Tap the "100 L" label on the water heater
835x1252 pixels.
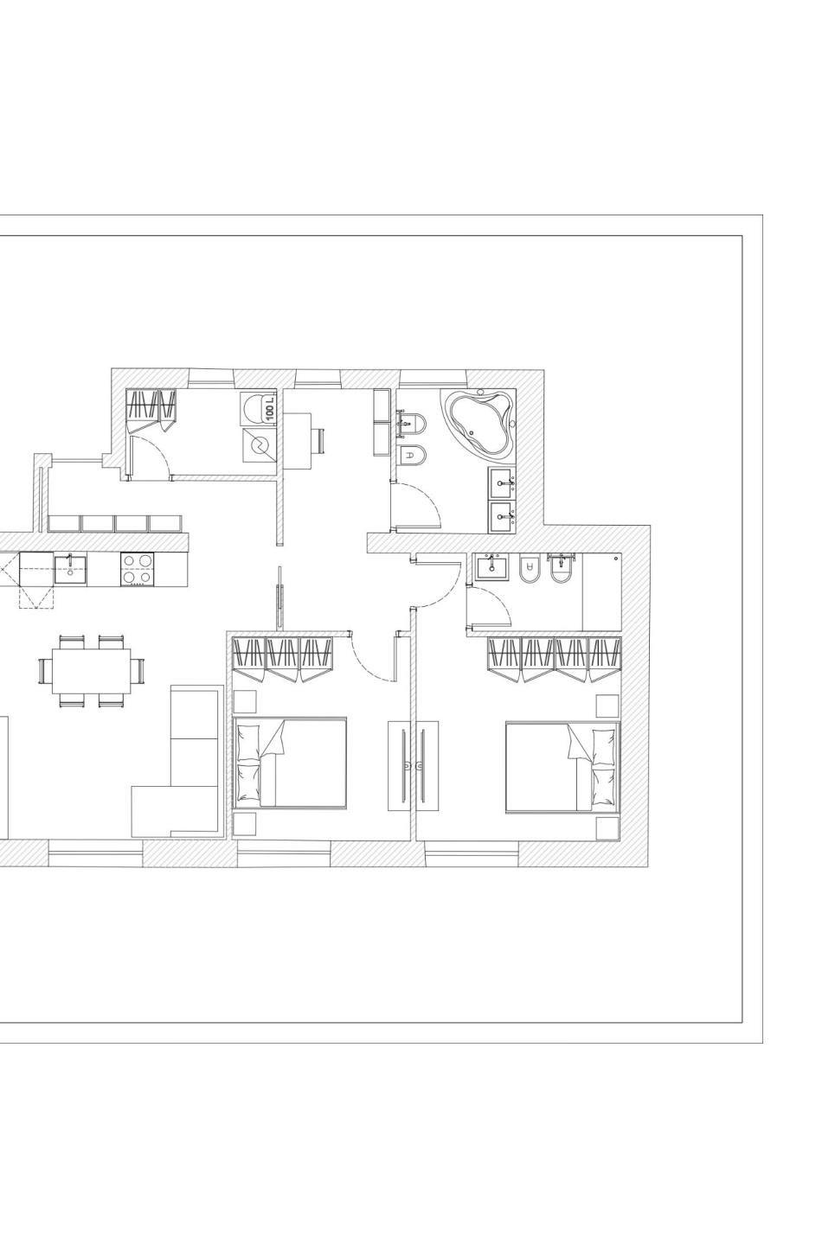coord(270,409)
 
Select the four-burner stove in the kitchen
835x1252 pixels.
coord(137,568)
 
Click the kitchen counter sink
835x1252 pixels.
coord(70,569)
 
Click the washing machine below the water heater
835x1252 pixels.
coord(259,444)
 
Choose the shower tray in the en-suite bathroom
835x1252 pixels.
coord(601,591)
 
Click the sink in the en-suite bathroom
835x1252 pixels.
coord(491,566)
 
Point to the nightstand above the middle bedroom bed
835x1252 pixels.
coord(244,702)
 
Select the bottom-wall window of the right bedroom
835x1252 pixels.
coord(472,853)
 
